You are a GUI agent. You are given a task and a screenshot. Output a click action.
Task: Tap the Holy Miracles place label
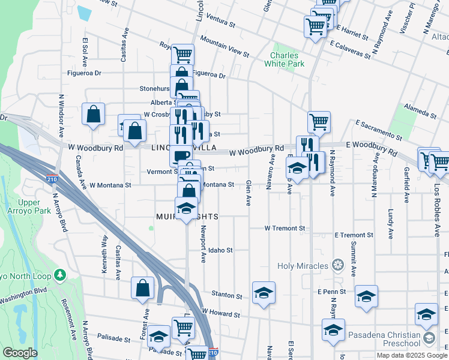click(303, 265)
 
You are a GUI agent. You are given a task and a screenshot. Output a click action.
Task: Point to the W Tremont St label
click(285, 229)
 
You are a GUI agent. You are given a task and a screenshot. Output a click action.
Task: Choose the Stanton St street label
click(227, 296)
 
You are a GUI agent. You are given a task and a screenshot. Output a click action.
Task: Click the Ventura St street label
click(219, 22)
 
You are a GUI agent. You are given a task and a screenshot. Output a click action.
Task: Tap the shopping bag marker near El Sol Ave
click(94, 115)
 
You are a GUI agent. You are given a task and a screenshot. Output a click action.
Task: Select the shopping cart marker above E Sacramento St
click(319, 122)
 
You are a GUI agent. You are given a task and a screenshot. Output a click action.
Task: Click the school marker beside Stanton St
click(264, 293)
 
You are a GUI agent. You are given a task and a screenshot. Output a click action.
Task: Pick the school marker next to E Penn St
click(366, 296)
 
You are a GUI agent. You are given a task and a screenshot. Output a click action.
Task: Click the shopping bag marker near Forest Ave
click(143, 288)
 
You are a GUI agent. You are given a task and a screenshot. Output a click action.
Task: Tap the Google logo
click(20, 353)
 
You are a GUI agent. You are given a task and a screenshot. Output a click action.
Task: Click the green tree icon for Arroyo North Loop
click(59, 275)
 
